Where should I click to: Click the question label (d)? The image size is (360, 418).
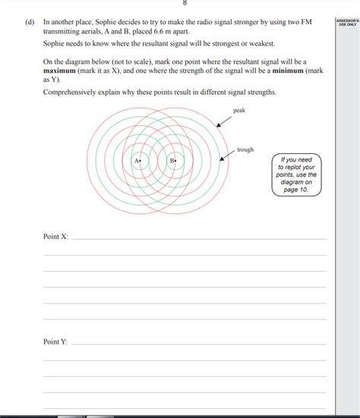click(x=29, y=24)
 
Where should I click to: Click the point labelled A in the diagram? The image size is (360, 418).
click(x=141, y=160)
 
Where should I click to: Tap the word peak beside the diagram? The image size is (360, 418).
click(x=239, y=111)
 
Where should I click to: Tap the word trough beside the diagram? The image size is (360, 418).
click(x=245, y=150)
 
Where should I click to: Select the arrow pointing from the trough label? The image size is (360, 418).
click(x=227, y=156)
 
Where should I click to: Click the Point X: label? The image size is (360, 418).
click(x=55, y=237)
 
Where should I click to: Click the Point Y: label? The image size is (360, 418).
click(x=55, y=341)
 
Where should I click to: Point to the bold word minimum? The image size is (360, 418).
click(x=289, y=70)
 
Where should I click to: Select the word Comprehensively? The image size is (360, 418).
click(x=74, y=92)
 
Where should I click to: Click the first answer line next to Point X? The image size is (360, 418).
click(x=197, y=239)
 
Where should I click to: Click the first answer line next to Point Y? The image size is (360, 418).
click(x=197, y=344)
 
